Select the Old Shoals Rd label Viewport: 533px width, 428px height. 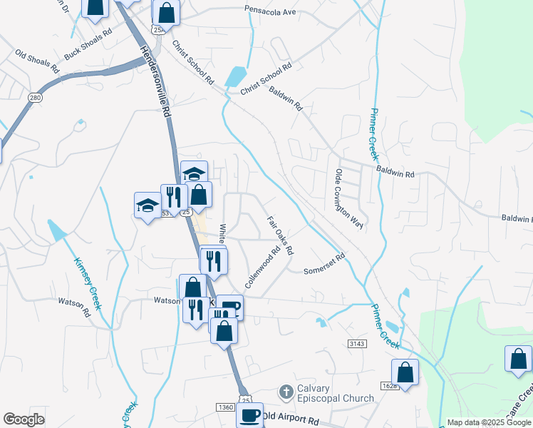(37, 61)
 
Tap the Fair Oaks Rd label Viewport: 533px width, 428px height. (280, 235)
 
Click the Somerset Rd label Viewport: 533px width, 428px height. (324, 264)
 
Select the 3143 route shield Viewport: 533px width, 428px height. (357, 344)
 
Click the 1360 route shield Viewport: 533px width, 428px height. (224, 407)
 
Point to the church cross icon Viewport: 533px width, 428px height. (286, 392)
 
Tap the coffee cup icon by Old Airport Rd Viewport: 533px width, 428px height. (250, 415)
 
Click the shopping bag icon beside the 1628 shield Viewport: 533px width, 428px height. (405, 372)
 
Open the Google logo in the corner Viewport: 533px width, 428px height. (24, 419)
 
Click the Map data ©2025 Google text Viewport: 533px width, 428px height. (488, 422)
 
